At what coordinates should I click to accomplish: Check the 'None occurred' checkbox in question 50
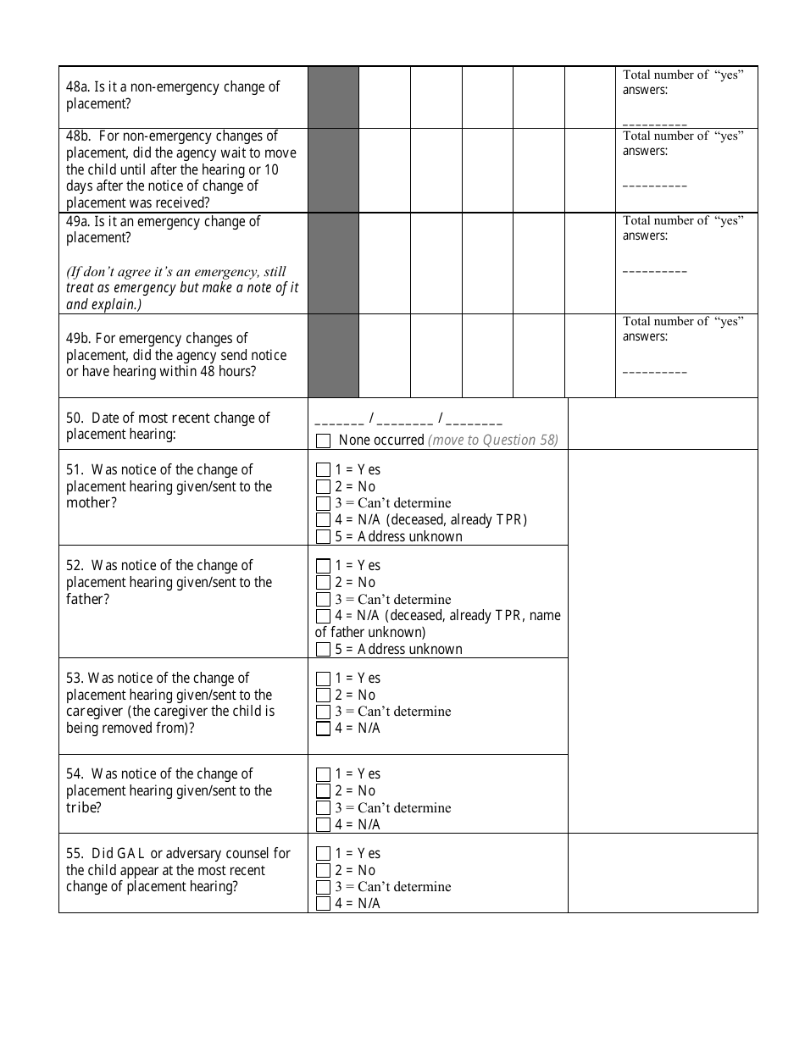tap(323, 441)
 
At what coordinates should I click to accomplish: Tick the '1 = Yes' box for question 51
tap(323, 469)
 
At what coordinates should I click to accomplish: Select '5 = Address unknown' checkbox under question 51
tap(323, 536)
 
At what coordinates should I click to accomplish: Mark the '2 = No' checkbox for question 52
tap(323, 582)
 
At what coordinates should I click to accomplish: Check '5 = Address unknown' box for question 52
tap(323, 650)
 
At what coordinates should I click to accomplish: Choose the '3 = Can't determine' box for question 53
tap(323, 712)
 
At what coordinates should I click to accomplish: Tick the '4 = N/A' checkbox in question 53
tap(323, 729)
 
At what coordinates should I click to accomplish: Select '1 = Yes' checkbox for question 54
tap(323, 774)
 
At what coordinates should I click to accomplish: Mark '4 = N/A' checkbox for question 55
tap(323, 904)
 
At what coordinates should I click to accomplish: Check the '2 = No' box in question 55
tap(323, 870)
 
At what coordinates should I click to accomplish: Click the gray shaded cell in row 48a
tap(333, 97)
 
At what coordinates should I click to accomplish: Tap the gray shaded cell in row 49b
tap(333, 356)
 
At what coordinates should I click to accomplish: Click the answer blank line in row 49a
tap(655, 271)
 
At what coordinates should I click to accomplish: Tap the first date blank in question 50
tap(339, 420)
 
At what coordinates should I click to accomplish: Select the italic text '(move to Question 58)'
tap(493, 441)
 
